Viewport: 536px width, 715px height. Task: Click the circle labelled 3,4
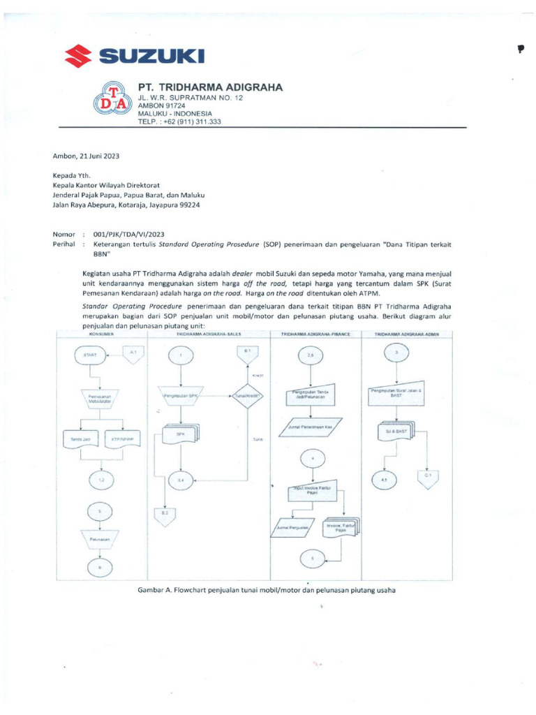click(181, 480)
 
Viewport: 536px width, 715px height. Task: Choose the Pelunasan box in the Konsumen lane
click(99, 540)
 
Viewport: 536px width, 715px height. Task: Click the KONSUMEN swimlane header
click(100, 335)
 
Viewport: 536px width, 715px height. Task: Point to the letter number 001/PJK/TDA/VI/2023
click(124, 235)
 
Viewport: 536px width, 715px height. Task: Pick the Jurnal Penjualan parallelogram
click(296, 529)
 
